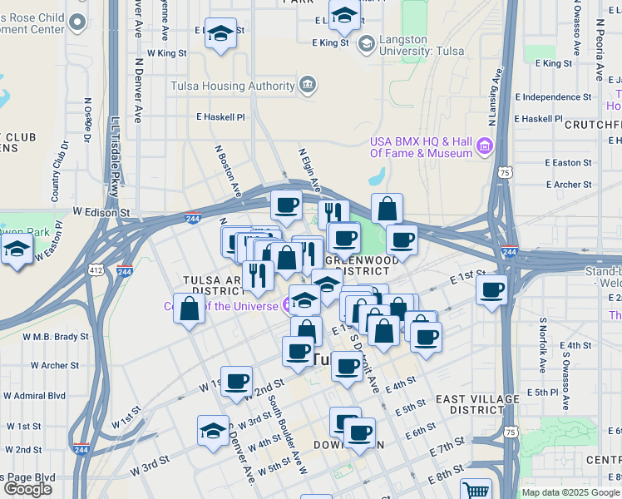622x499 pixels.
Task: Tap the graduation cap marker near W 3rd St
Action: coord(213,431)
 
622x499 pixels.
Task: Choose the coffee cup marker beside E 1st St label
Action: coord(492,290)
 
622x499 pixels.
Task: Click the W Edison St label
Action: coord(101,213)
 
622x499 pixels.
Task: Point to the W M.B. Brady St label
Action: coord(55,337)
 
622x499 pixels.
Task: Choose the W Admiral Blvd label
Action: coord(34,395)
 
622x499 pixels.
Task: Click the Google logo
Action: coord(27,489)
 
